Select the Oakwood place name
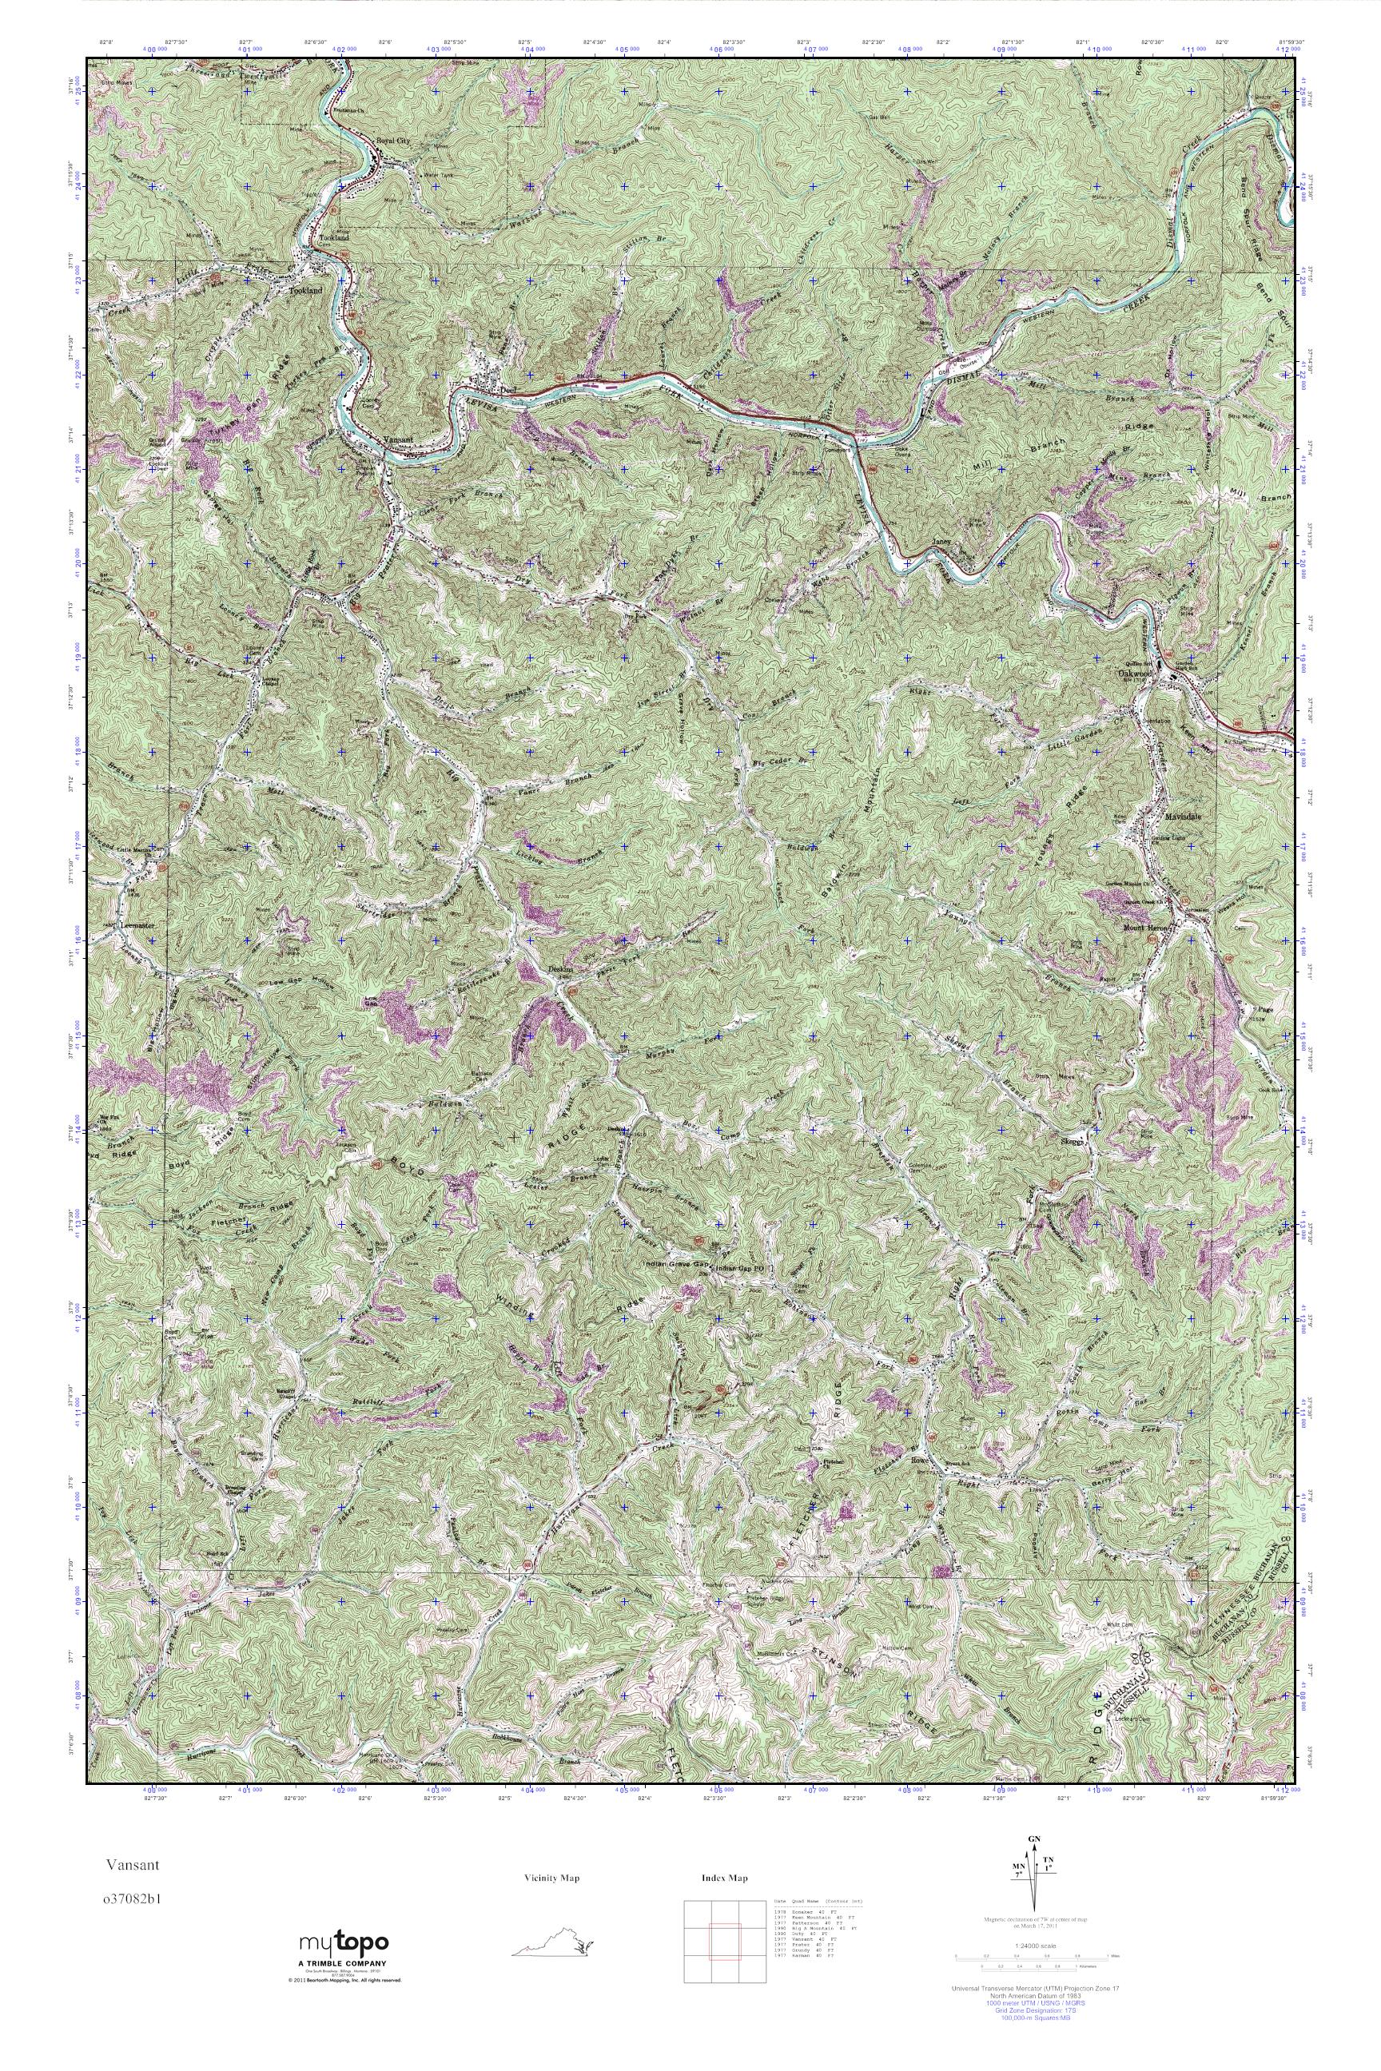[x=1133, y=674]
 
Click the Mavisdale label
[x=1183, y=817]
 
